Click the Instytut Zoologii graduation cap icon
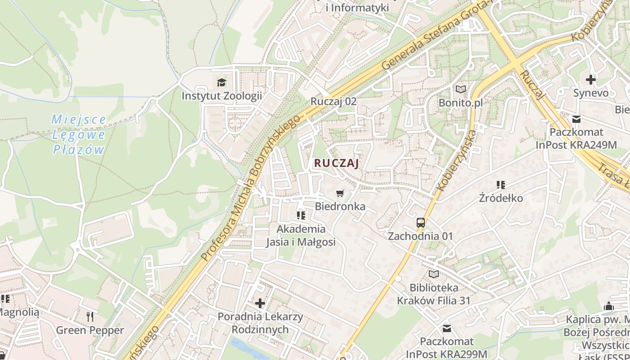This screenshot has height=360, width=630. coord(221,82)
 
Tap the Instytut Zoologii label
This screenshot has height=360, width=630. coord(221,96)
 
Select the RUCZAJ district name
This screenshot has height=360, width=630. coord(337,163)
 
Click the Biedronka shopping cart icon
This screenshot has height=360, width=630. coord(340,193)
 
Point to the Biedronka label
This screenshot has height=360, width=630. coord(340,207)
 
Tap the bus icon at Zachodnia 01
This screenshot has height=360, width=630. coord(421,222)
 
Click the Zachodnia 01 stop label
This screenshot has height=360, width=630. coord(421,236)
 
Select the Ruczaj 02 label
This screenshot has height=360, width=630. coord(333,101)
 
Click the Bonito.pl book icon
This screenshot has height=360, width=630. coord(461,89)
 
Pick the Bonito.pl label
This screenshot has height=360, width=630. coord(461,103)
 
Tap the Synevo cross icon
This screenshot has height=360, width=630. coord(591,80)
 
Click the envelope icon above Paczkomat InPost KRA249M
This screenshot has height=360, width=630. coord(576,119)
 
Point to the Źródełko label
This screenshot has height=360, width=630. coord(501,198)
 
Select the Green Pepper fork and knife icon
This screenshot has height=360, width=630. coord(90,316)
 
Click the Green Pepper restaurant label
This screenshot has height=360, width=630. coord(90,330)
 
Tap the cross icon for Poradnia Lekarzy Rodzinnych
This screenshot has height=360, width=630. coord(260,303)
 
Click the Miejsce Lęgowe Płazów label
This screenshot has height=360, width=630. coord(79,135)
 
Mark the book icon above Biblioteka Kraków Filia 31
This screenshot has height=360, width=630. coord(434,274)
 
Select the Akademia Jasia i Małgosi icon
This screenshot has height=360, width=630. coord(301,216)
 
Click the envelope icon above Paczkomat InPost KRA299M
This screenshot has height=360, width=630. coord(447,328)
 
